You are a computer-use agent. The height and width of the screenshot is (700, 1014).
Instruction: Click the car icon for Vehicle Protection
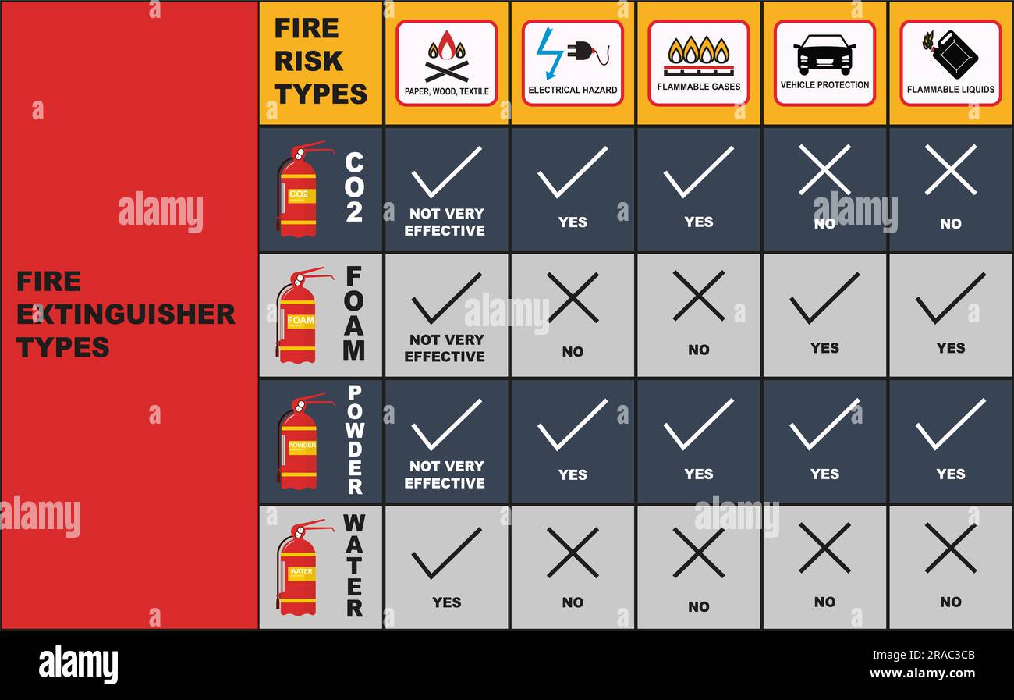coord(824,55)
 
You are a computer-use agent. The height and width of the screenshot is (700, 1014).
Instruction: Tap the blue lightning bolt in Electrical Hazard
coord(550,53)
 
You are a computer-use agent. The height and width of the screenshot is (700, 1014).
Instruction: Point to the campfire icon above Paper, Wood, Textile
coord(446,56)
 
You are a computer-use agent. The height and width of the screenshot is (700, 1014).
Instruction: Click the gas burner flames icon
coord(698,55)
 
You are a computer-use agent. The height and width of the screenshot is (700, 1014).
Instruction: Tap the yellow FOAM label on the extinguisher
coord(300,321)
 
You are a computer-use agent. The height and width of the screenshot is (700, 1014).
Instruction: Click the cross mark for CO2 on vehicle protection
coord(824,170)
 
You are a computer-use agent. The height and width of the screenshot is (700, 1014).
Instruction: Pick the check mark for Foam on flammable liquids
coord(951,298)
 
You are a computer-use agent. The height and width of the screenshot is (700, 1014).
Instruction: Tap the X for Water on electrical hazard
coord(573,553)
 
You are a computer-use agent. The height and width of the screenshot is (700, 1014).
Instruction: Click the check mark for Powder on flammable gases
coord(698,425)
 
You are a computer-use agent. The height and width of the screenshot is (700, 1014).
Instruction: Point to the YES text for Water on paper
coord(446,602)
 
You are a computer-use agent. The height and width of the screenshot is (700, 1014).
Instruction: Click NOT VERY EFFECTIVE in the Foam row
coord(445,348)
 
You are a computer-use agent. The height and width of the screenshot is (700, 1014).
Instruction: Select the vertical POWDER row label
coord(355,439)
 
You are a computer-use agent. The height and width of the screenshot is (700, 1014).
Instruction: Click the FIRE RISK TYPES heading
coord(321,61)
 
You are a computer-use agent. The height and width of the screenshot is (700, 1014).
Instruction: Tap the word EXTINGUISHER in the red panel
coord(126,314)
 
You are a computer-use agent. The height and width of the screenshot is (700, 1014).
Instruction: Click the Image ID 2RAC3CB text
coord(924,655)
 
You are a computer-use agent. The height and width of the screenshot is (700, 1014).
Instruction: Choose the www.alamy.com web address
coord(923,673)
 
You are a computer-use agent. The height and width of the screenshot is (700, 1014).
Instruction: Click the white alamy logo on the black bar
coord(78,665)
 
